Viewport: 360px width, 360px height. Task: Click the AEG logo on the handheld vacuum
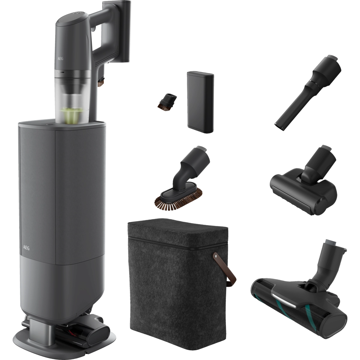tap(60, 59)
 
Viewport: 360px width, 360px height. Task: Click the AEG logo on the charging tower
tap(26, 248)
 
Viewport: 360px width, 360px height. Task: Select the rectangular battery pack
tap(200, 102)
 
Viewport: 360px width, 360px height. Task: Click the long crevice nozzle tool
tap(308, 92)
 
